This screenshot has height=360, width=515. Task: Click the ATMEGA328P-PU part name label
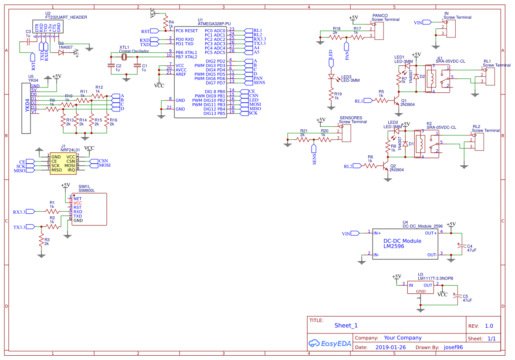click(x=214, y=24)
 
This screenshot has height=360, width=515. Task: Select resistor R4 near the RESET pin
click(x=165, y=22)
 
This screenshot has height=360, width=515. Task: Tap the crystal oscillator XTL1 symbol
click(x=124, y=57)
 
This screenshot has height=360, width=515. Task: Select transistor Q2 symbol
click(x=386, y=165)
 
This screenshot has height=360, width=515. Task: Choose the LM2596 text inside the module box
click(x=393, y=246)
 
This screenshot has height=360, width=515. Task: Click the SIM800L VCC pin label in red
click(x=78, y=203)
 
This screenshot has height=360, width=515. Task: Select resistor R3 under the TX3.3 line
click(x=41, y=241)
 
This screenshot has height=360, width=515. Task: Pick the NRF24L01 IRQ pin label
click(x=71, y=170)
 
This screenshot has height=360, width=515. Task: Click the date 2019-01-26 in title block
click(x=390, y=347)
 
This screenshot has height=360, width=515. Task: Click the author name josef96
click(x=453, y=347)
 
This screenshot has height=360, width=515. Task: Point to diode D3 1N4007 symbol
click(x=61, y=52)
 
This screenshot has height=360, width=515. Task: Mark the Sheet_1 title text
click(x=346, y=326)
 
